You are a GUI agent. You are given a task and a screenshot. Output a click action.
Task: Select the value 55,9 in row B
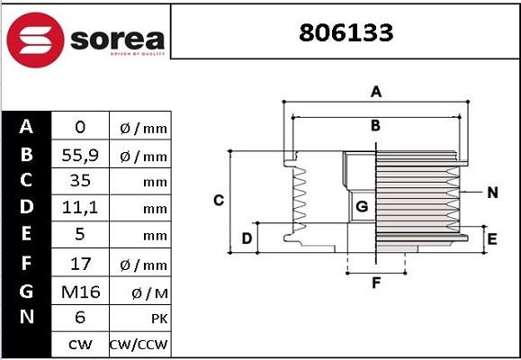[x=79, y=155]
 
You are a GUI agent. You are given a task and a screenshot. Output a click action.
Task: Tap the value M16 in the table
[x=79, y=291]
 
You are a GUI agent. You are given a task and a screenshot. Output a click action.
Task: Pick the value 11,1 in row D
[x=79, y=209]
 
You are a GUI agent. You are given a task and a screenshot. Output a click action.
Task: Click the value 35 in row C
[x=79, y=181]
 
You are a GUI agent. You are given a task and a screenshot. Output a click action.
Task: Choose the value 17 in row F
[x=79, y=264]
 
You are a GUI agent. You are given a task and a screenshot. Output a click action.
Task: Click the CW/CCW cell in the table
[x=139, y=344]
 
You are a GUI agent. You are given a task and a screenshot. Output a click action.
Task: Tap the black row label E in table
[x=26, y=235]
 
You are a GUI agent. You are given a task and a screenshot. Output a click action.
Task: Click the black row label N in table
[x=26, y=317]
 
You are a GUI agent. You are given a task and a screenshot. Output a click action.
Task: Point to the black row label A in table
[x=26, y=127]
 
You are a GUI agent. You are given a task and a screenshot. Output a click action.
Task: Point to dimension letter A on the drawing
[x=377, y=91]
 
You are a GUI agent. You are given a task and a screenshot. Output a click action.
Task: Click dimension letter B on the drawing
[x=376, y=126]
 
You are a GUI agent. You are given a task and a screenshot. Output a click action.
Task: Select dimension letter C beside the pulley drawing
[x=218, y=200]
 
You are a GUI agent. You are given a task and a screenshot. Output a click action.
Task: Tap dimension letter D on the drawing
[x=247, y=238]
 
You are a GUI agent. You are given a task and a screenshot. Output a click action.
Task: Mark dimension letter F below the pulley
[x=376, y=283]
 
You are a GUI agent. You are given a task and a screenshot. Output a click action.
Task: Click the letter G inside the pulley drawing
[x=362, y=207]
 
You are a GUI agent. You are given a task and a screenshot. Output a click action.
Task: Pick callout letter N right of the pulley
[x=492, y=193]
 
